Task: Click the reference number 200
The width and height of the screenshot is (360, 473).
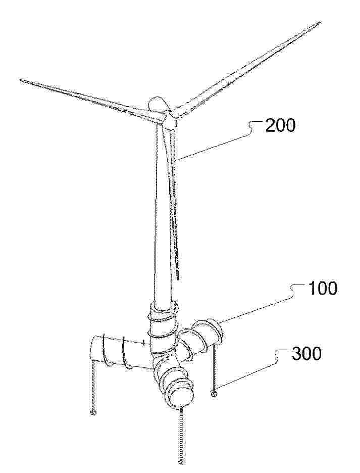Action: (x=280, y=125)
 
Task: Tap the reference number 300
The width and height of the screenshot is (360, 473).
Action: (x=306, y=353)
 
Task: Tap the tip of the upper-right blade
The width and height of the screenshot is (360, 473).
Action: (x=320, y=22)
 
